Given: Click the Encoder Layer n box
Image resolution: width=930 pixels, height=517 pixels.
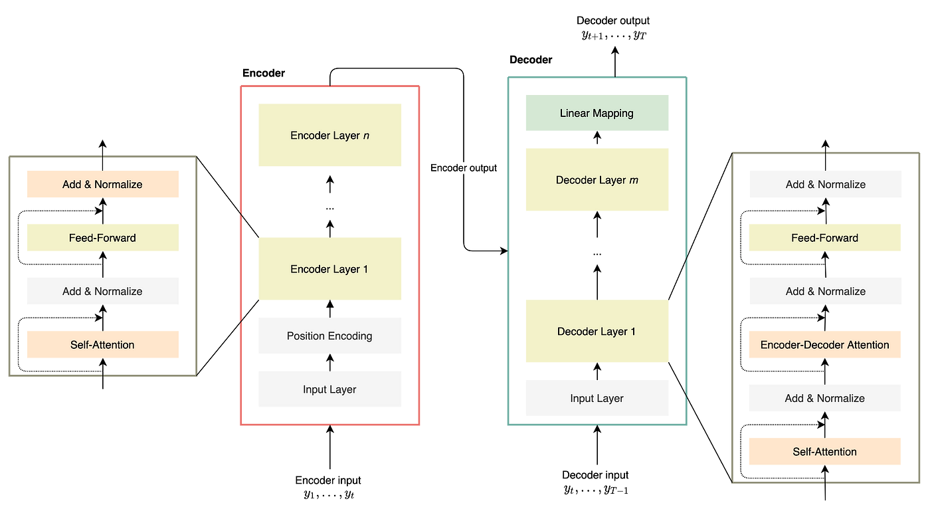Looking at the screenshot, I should pyautogui.click(x=330, y=135).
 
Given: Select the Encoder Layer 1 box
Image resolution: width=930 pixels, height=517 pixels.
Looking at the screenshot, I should pyautogui.click(x=330, y=268).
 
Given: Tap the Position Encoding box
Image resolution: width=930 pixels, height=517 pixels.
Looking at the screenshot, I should pyautogui.click(x=330, y=336).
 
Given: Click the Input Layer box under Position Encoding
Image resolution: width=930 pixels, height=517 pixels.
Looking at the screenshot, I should pyautogui.click(x=330, y=389).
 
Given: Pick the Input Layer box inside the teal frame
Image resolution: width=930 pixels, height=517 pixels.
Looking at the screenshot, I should pyautogui.click(x=597, y=397).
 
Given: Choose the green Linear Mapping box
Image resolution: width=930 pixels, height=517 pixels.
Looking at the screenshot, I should pyautogui.click(x=597, y=113).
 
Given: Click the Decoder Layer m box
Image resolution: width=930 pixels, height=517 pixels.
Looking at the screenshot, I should pyautogui.click(x=597, y=179).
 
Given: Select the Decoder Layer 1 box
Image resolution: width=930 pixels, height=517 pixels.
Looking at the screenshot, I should pyautogui.click(x=597, y=331).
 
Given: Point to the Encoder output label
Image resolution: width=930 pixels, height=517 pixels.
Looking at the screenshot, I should pyautogui.click(x=464, y=168).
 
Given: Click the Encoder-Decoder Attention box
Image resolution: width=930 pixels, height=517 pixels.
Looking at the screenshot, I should pyautogui.click(x=824, y=344).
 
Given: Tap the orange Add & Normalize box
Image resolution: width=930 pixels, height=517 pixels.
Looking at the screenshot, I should pyautogui.click(x=102, y=184).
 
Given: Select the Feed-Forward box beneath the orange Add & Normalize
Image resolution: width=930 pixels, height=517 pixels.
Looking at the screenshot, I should pyautogui.click(x=102, y=237).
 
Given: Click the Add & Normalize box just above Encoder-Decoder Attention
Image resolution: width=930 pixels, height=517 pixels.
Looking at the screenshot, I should pyautogui.click(x=824, y=291).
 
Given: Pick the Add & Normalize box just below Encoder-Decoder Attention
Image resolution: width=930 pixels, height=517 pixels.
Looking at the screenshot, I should pyautogui.click(x=824, y=398).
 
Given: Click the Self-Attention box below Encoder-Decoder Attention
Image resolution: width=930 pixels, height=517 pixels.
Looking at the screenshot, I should pyautogui.click(x=824, y=451).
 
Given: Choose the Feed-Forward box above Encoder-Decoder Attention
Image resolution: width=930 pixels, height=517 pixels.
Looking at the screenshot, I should pyautogui.click(x=824, y=237).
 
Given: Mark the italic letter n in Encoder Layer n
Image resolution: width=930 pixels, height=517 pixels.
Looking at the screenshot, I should pyautogui.click(x=366, y=136).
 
